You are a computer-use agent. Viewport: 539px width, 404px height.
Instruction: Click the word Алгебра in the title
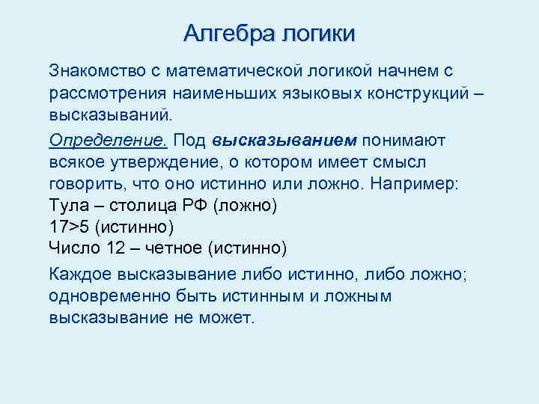click(229, 34)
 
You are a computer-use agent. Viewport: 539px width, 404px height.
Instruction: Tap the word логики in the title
click(317, 34)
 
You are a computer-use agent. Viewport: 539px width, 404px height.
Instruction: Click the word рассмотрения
click(97, 94)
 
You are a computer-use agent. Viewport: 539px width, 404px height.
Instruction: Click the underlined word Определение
click(92, 140)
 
